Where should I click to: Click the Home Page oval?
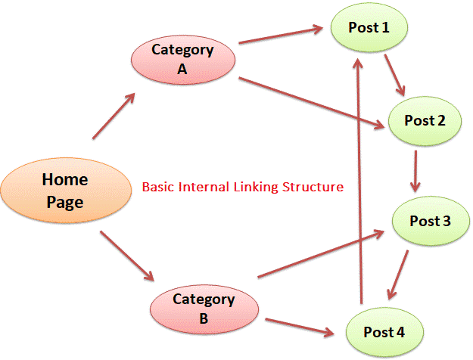click(x=64, y=189)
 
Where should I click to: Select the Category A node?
click(x=182, y=59)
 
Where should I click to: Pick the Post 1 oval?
click(x=369, y=29)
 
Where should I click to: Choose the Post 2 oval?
click(x=425, y=121)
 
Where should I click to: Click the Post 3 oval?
click(x=429, y=221)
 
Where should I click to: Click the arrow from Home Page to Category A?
click(x=114, y=116)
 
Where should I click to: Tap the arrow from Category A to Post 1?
click(x=280, y=36)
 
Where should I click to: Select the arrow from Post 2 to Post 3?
click(x=415, y=171)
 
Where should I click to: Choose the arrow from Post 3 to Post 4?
click(x=399, y=273)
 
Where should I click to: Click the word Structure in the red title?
click(x=312, y=186)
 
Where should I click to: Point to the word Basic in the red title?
click(x=158, y=186)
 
